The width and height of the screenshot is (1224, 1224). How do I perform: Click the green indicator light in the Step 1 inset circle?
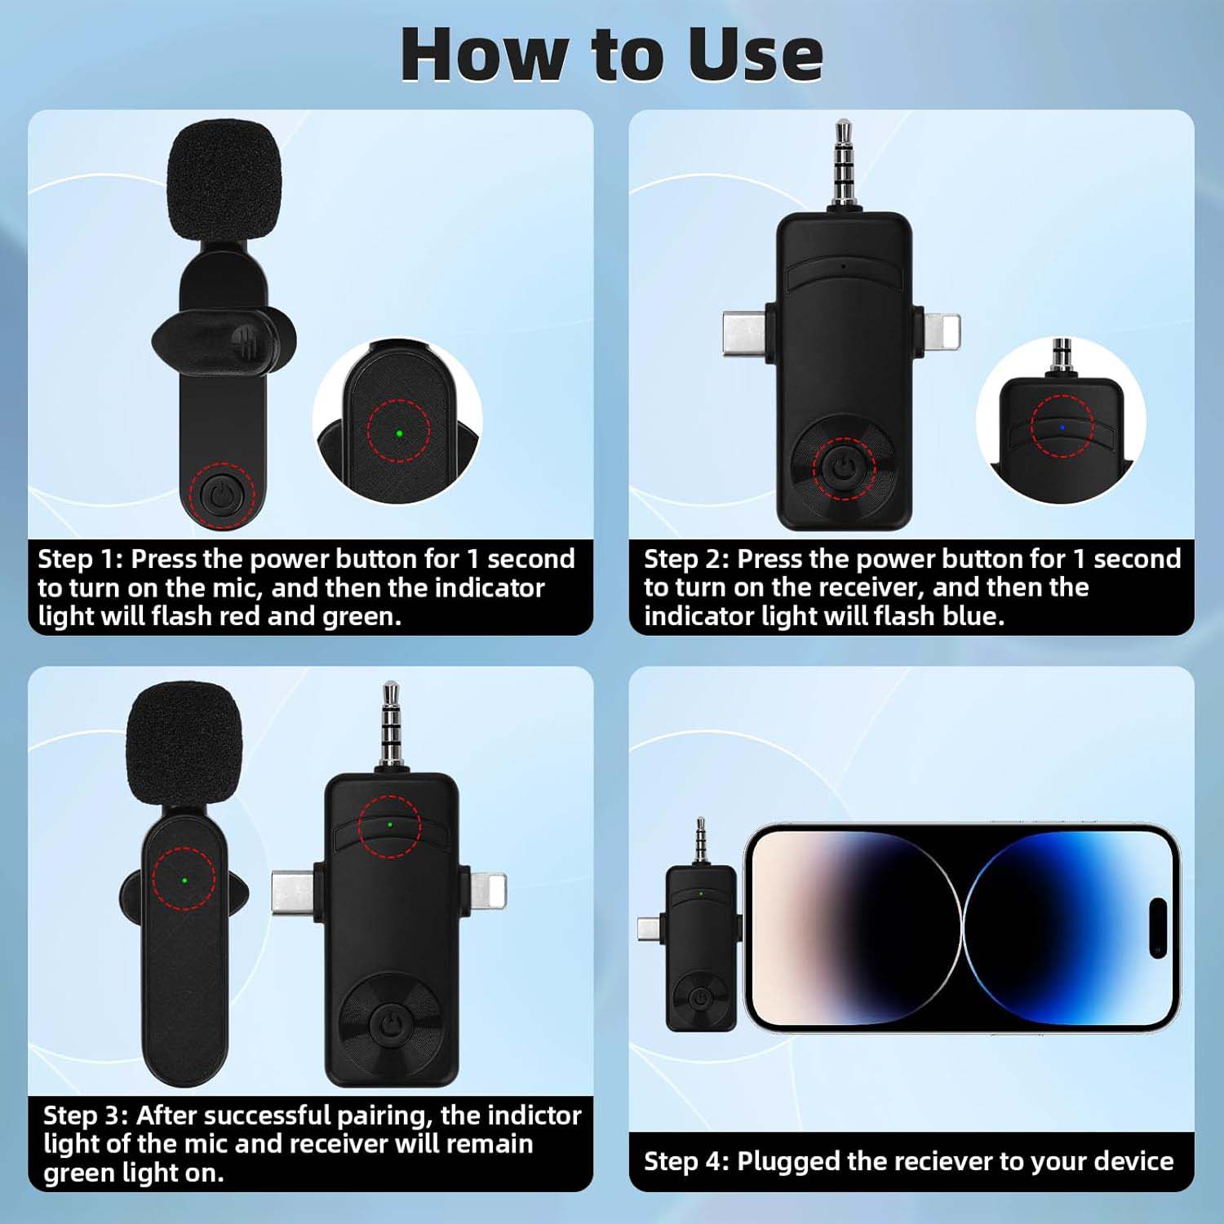click(x=398, y=432)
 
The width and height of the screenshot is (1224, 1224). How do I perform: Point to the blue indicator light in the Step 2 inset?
click(x=1061, y=427)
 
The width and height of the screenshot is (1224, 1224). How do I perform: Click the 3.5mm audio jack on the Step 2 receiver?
click(x=842, y=165)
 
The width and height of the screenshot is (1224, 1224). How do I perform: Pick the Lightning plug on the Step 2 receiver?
click(x=941, y=334)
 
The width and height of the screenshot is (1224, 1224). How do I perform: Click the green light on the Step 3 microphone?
click(x=184, y=880)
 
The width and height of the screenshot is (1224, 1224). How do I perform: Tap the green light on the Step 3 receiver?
click(x=389, y=825)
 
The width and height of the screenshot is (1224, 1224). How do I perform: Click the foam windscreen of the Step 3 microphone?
click(x=185, y=746)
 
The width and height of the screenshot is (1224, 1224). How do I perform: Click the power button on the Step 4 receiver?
click(x=700, y=998)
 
